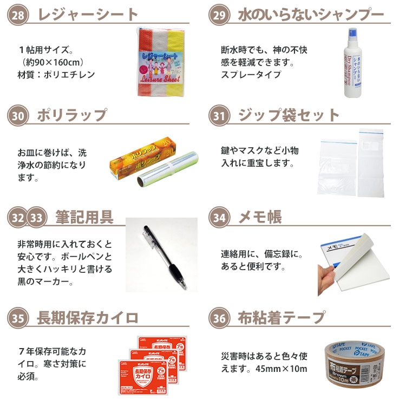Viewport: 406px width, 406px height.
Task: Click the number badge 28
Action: pyautogui.click(x=18, y=15)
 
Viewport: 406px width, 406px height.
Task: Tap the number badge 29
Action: pyautogui.click(x=220, y=15)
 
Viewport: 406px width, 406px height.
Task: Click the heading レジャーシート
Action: pyautogui.click(x=88, y=15)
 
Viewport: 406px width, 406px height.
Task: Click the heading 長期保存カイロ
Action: pyautogui.click(x=88, y=318)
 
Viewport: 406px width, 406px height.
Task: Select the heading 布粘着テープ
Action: pyautogui.click(x=281, y=318)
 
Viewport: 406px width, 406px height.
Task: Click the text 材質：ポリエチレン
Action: pyautogui.click(x=56, y=75)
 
